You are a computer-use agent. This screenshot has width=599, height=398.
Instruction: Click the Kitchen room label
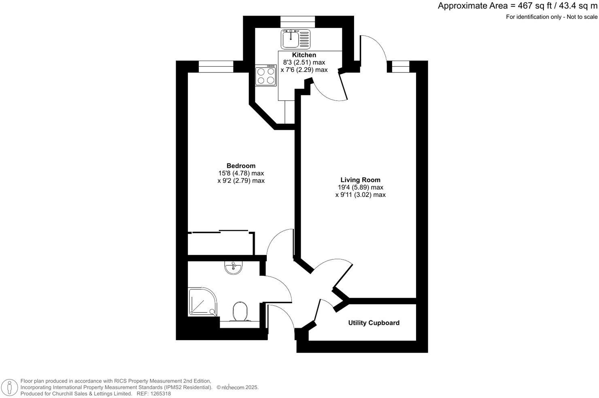pyautogui.click(x=304, y=55)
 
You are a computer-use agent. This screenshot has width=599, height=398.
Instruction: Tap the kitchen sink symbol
pyautogui.click(x=295, y=39)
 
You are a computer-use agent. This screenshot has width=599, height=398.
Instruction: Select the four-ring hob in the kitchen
pyautogui.click(x=266, y=76)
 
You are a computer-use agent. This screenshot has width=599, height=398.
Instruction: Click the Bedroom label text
pyautogui.click(x=241, y=166)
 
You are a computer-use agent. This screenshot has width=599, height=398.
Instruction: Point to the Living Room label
pyautogui.click(x=360, y=180)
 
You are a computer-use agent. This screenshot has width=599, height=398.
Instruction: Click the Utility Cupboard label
pyautogui.click(x=374, y=323)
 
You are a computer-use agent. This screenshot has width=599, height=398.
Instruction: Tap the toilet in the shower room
pyautogui.click(x=240, y=312)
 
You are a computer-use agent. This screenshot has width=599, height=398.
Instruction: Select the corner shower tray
pyautogui.click(x=202, y=302)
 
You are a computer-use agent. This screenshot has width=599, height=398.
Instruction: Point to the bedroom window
pyautogui.click(x=216, y=66)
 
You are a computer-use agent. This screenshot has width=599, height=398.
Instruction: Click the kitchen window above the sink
pyautogui.click(x=297, y=22)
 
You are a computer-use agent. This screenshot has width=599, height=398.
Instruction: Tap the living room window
pyautogui.click(x=400, y=66)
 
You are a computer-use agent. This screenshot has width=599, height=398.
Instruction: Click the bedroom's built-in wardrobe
pyautogui.click(x=221, y=243)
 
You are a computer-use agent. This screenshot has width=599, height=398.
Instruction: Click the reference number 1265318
pyautogui.click(x=160, y=394)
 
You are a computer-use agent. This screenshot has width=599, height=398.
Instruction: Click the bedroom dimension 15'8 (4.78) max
pyautogui.click(x=241, y=173)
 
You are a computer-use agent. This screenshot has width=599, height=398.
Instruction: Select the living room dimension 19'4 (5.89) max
pyautogui.click(x=360, y=187)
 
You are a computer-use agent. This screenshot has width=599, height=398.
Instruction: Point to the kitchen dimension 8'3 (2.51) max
pyautogui.click(x=304, y=62)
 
